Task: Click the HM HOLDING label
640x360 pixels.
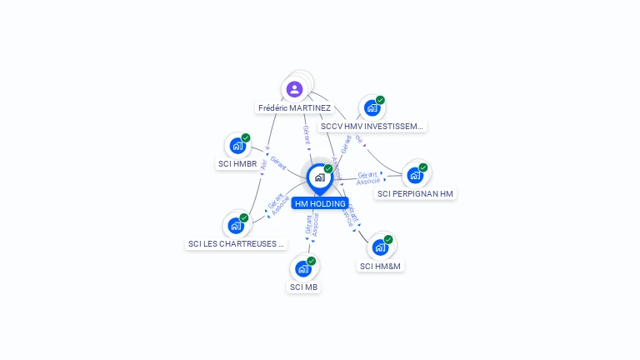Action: pos(320,203)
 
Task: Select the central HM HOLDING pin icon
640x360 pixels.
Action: pos(319,177)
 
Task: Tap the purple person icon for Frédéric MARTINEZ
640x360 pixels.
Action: pos(294,88)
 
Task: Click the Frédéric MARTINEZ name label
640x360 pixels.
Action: pos(294,108)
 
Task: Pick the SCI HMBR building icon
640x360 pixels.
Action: pos(237,147)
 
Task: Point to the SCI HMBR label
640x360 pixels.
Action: pos(237,164)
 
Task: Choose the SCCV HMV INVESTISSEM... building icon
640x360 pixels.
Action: pos(372,107)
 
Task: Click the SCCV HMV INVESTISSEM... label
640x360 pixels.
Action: pos(372,127)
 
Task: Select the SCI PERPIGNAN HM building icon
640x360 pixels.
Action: pos(415,176)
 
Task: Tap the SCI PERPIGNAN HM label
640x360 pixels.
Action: pos(415,194)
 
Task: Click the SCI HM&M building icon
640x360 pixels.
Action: pos(380,247)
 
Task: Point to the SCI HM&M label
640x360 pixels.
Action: pos(380,267)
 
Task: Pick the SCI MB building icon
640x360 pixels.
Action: pos(303,269)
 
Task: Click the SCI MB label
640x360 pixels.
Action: pos(303,287)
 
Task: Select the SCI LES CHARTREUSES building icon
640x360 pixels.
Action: pos(237,225)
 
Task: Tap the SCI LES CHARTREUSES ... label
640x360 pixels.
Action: pos(237,244)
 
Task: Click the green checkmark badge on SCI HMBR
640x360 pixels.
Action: pos(246,138)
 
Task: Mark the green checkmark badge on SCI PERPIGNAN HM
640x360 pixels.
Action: pos(423,167)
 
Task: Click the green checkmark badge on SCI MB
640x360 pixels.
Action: pos(312,261)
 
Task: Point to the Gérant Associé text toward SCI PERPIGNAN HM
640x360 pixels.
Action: pos(368,177)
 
